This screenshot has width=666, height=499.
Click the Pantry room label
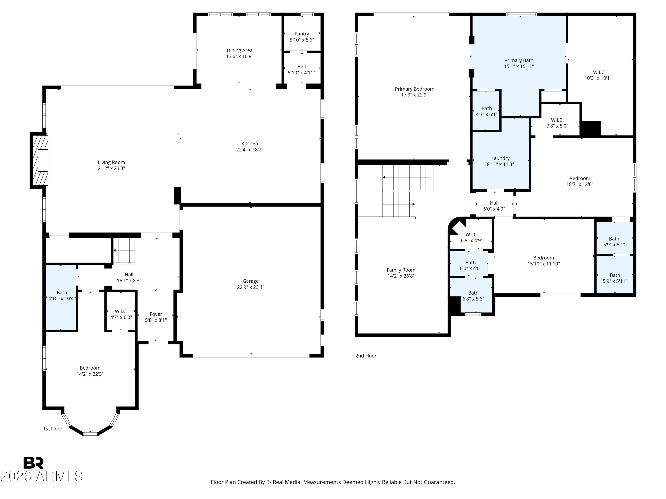tap(302, 34)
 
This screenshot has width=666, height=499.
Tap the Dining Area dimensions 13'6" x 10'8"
tap(240, 57)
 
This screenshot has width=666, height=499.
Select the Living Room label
tap(111, 162)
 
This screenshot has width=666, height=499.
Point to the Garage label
tap(250, 281)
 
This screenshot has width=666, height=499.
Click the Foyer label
tap(156, 314)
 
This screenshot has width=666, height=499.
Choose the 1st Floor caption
tap(53, 429)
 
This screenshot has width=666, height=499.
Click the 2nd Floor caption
tap(366, 356)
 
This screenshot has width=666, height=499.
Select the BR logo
tap(34, 463)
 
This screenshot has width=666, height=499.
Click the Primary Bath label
tap(519, 61)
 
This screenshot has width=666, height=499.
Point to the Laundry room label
tap(500, 159)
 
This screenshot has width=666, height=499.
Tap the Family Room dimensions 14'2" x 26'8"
tap(401, 276)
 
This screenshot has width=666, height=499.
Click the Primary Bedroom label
tap(415, 89)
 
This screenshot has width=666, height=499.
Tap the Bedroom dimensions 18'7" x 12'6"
tap(580, 184)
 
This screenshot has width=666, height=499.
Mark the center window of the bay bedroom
tap(90, 434)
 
